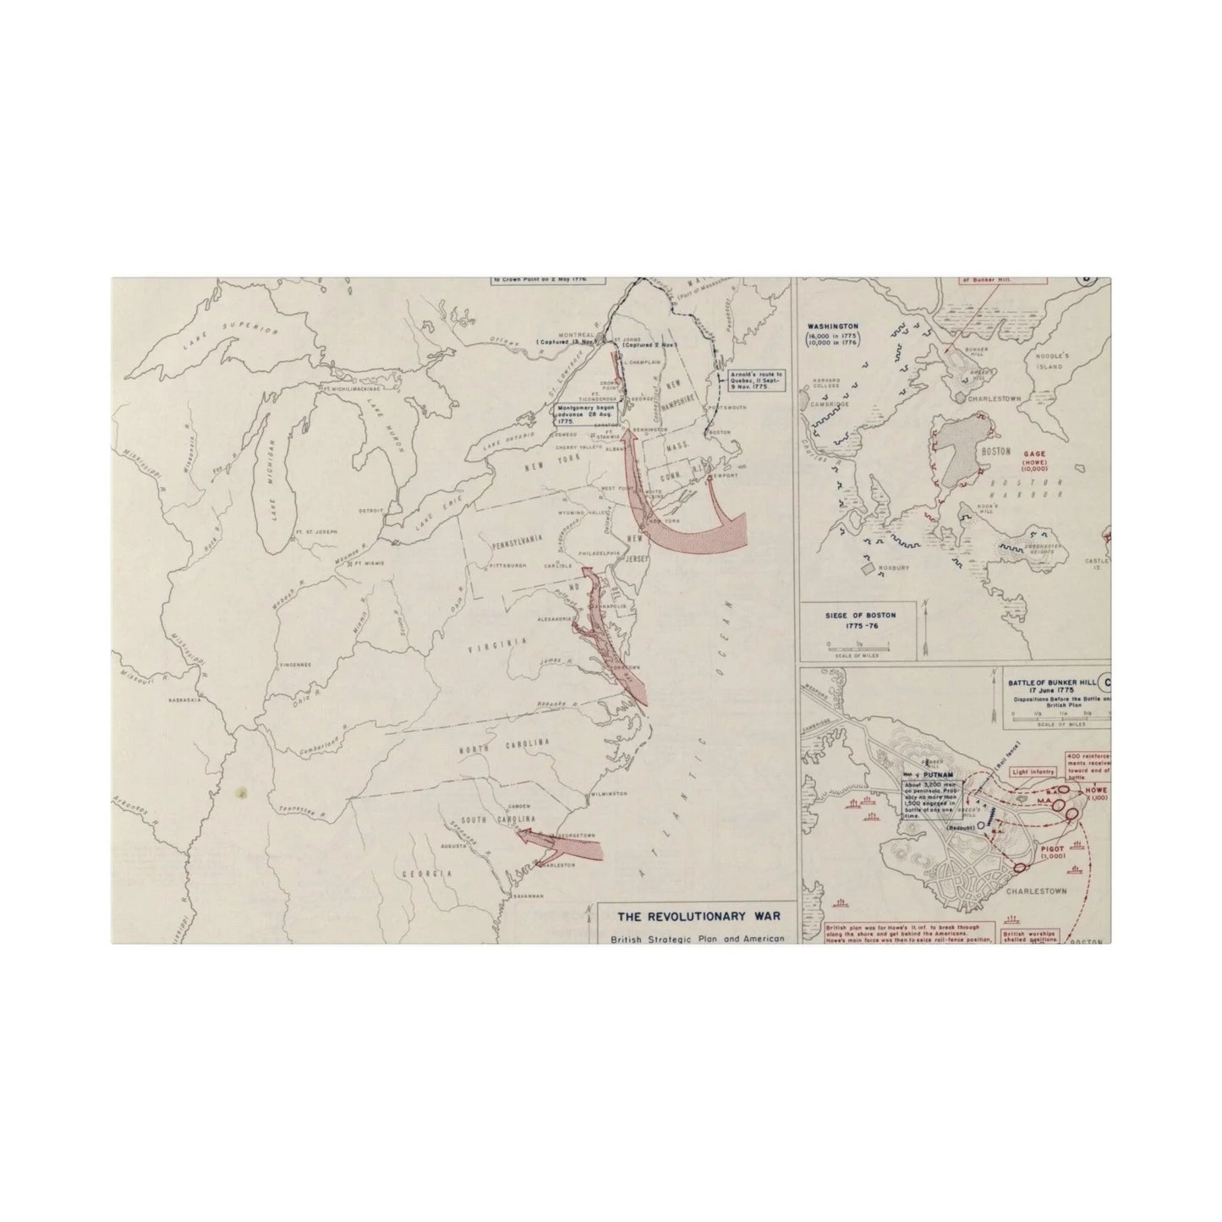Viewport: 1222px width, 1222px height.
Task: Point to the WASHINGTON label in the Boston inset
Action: (x=833, y=326)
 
